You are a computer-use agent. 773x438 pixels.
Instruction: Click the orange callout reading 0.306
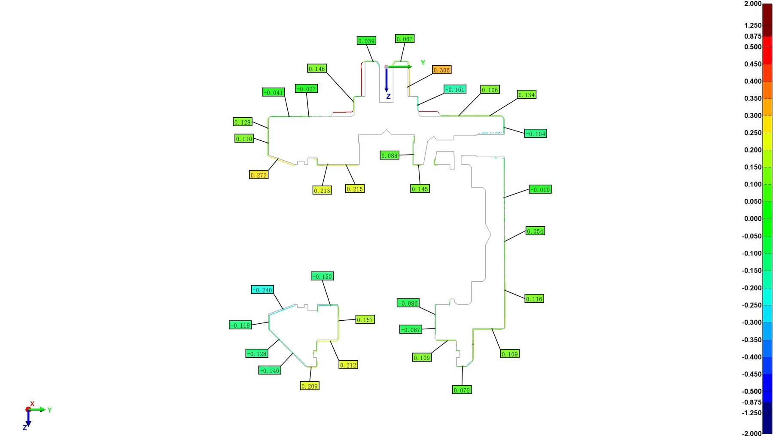[441, 70]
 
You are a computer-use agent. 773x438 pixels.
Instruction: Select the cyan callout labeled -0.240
[262, 290]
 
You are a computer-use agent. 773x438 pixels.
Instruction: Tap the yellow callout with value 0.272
[259, 175]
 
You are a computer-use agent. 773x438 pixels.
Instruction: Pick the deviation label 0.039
[366, 41]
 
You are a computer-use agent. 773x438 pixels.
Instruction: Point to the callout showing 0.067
[405, 39]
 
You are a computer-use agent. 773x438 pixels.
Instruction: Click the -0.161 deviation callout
[455, 89]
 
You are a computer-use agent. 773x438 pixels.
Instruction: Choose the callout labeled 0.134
[526, 94]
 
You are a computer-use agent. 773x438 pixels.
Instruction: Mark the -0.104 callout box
[536, 134]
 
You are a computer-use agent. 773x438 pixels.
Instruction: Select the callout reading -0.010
[540, 189]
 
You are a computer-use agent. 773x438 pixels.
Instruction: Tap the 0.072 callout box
[462, 390]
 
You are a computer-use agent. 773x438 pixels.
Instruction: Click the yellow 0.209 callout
[310, 386]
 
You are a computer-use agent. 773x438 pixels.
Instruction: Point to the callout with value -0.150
[322, 276]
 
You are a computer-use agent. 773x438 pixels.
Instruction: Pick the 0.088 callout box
[390, 155]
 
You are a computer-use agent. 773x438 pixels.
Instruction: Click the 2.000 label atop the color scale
[753, 3]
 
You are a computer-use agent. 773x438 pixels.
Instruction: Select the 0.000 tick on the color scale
[753, 219]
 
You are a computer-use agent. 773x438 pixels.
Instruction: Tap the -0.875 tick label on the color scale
[752, 402]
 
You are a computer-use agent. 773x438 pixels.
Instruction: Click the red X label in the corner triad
[32, 404]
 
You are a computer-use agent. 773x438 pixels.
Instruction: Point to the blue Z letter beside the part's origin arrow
[388, 97]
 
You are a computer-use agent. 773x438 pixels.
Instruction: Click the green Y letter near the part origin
[423, 63]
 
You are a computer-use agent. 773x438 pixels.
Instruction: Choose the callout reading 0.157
[365, 319]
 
